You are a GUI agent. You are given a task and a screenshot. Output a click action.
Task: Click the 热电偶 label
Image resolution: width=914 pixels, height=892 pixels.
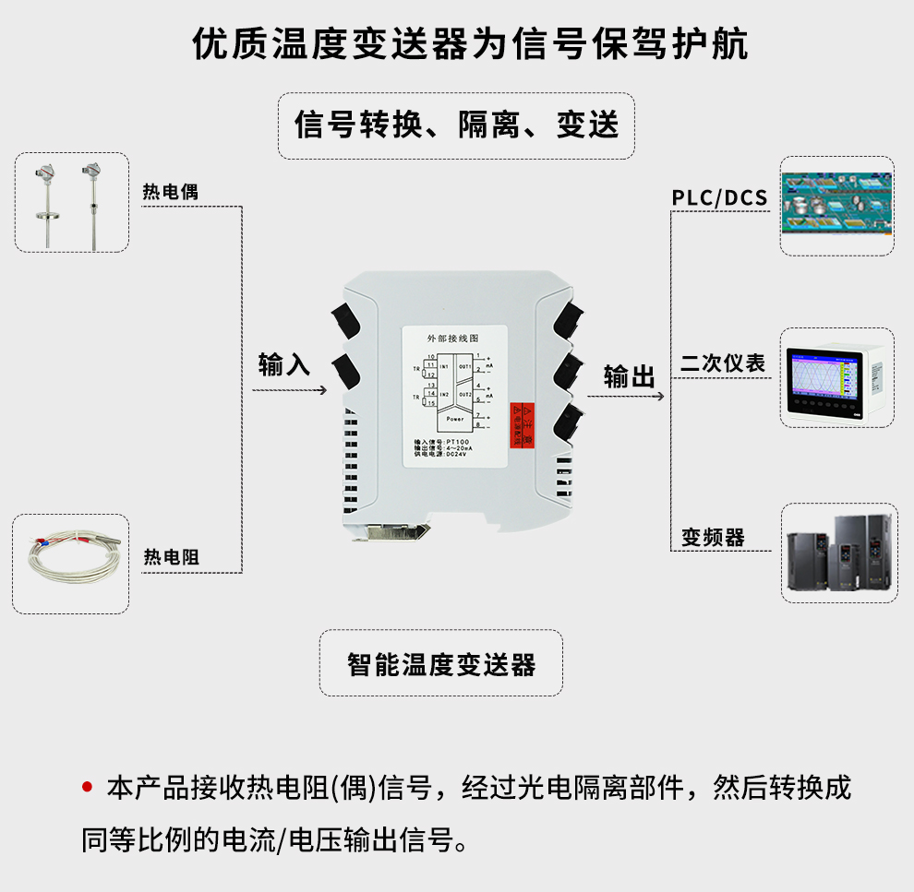pos(170,192)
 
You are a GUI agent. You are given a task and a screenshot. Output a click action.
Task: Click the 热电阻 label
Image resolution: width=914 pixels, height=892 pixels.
pos(171,557)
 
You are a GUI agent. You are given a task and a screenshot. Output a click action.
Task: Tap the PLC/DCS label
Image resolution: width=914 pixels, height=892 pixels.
pos(719,197)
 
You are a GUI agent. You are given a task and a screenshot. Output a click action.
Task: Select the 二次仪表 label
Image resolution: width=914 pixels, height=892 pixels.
pos(723,363)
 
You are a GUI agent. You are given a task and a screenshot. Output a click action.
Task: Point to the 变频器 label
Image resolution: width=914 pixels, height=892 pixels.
pos(713,537)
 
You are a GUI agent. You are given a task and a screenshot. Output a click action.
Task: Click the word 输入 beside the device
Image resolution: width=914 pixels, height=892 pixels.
pos(284,364)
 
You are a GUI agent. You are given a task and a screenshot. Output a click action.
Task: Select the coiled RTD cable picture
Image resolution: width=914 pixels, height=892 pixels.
pos(70,565)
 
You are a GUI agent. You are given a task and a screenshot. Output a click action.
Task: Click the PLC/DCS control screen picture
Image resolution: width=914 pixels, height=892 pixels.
pos(836,206)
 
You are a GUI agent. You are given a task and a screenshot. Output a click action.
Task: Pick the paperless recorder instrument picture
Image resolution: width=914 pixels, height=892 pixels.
pos(836,377)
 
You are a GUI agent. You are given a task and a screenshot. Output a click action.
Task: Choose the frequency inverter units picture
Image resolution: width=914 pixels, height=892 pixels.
pos(837,553)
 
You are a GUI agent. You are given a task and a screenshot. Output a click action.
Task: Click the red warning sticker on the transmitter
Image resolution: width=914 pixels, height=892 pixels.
pos(523,426)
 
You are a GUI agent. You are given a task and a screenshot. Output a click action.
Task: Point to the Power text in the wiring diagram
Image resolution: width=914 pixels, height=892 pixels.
pos(455,419)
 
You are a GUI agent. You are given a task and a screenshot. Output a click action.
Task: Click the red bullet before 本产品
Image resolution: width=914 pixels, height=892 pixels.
pos(88,787)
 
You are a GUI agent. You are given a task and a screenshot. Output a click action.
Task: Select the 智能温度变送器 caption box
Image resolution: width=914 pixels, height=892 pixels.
pos(440,663)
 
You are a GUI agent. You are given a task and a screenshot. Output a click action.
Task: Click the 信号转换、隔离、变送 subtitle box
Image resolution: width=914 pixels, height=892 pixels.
pos(456,125)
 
